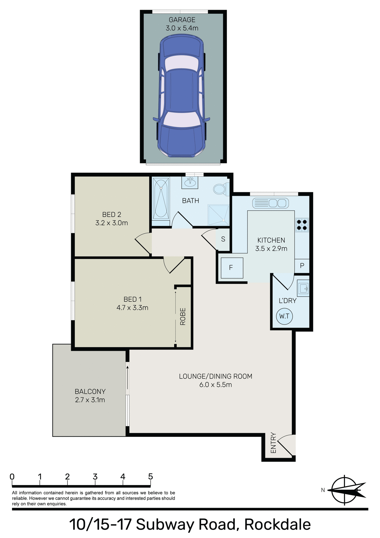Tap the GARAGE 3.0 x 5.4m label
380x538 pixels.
pos(182,24)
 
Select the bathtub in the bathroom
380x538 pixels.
pos(161,198)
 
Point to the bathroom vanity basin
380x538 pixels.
pos(190,182)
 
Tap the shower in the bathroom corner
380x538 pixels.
pos(218,215)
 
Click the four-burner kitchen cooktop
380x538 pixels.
pos(302,225)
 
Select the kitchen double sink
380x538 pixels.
pos(271,203)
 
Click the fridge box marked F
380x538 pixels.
pos(232,268)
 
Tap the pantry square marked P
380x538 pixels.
pos(302,266)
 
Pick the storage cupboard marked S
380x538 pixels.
pos(223,239)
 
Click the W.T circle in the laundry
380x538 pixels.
pos(284,316)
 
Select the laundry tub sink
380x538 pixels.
pos(303,288)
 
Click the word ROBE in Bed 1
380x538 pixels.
pos(183,316)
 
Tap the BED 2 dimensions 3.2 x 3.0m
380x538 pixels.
pos(111,223)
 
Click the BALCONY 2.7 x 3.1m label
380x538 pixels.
pos(90,396)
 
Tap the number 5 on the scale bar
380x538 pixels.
pos(150,476)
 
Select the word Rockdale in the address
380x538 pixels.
pos(277,525)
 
